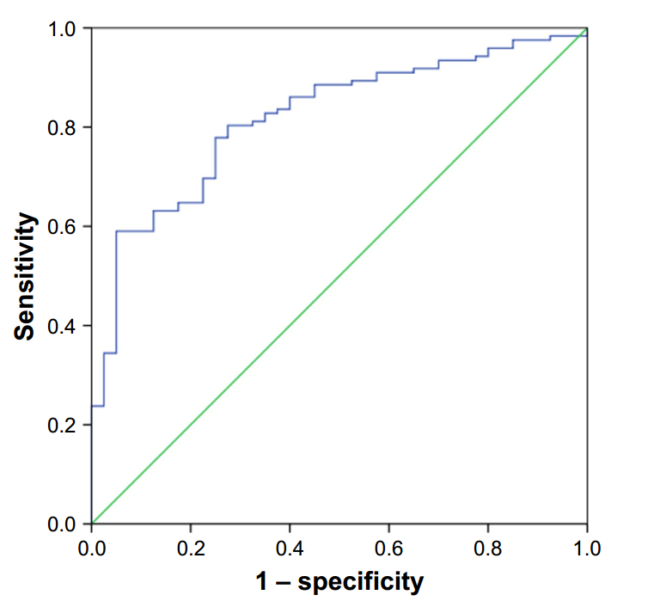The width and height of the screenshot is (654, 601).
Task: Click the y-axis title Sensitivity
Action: click(26, 277)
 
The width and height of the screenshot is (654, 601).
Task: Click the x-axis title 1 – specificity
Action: click(339, 581)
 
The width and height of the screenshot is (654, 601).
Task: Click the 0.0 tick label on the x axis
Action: click(91, 547)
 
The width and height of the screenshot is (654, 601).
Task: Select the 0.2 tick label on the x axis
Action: click(191, 547)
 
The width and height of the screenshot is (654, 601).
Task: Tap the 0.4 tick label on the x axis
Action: click(290, 547)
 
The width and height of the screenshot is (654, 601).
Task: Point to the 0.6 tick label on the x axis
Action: click(388, 547)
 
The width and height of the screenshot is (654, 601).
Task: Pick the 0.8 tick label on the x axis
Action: click(488, 547)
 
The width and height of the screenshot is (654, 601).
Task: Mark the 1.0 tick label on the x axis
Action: click(587, 547)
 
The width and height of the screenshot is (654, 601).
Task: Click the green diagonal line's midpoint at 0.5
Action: click(339, 276)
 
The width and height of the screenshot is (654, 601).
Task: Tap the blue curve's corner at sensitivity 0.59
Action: click(116, 231)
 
